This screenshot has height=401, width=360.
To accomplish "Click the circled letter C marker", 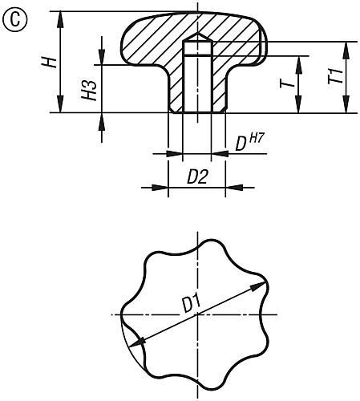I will (x=13, y=18).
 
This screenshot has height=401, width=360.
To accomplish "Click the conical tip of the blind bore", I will (x=196, y=37).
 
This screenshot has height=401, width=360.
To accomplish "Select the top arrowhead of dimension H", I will (x=61, y=16).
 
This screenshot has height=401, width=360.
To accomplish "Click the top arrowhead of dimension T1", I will (x=346, y=45).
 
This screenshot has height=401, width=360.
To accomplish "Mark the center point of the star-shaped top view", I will (x=196, y=315).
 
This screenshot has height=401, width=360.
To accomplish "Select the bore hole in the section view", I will (x=196, y=80).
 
